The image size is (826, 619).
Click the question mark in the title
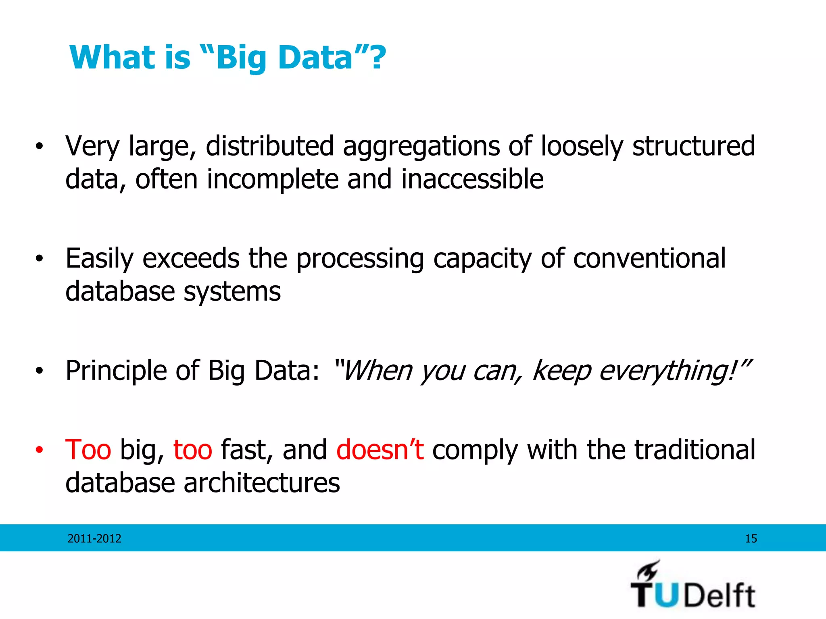(x=378, y=58)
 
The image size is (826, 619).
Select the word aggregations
(x=421, y=147)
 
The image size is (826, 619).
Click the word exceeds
(x=191, y=259)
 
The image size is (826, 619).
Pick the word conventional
(x=649, y=259)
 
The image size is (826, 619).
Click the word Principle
(x=116, y=371)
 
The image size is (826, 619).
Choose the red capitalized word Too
(x=88, y=450)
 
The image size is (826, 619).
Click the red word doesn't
(x=380, y=450)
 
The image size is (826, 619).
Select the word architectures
(x=262, y=483)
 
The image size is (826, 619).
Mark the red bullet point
(x=39, y=450)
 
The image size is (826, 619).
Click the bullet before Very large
(x=39, y=147)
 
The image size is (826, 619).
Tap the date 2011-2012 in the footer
(x=94, y=539)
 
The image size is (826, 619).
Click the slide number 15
(x=751, y=539)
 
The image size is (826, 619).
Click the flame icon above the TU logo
(x=648, y=570)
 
